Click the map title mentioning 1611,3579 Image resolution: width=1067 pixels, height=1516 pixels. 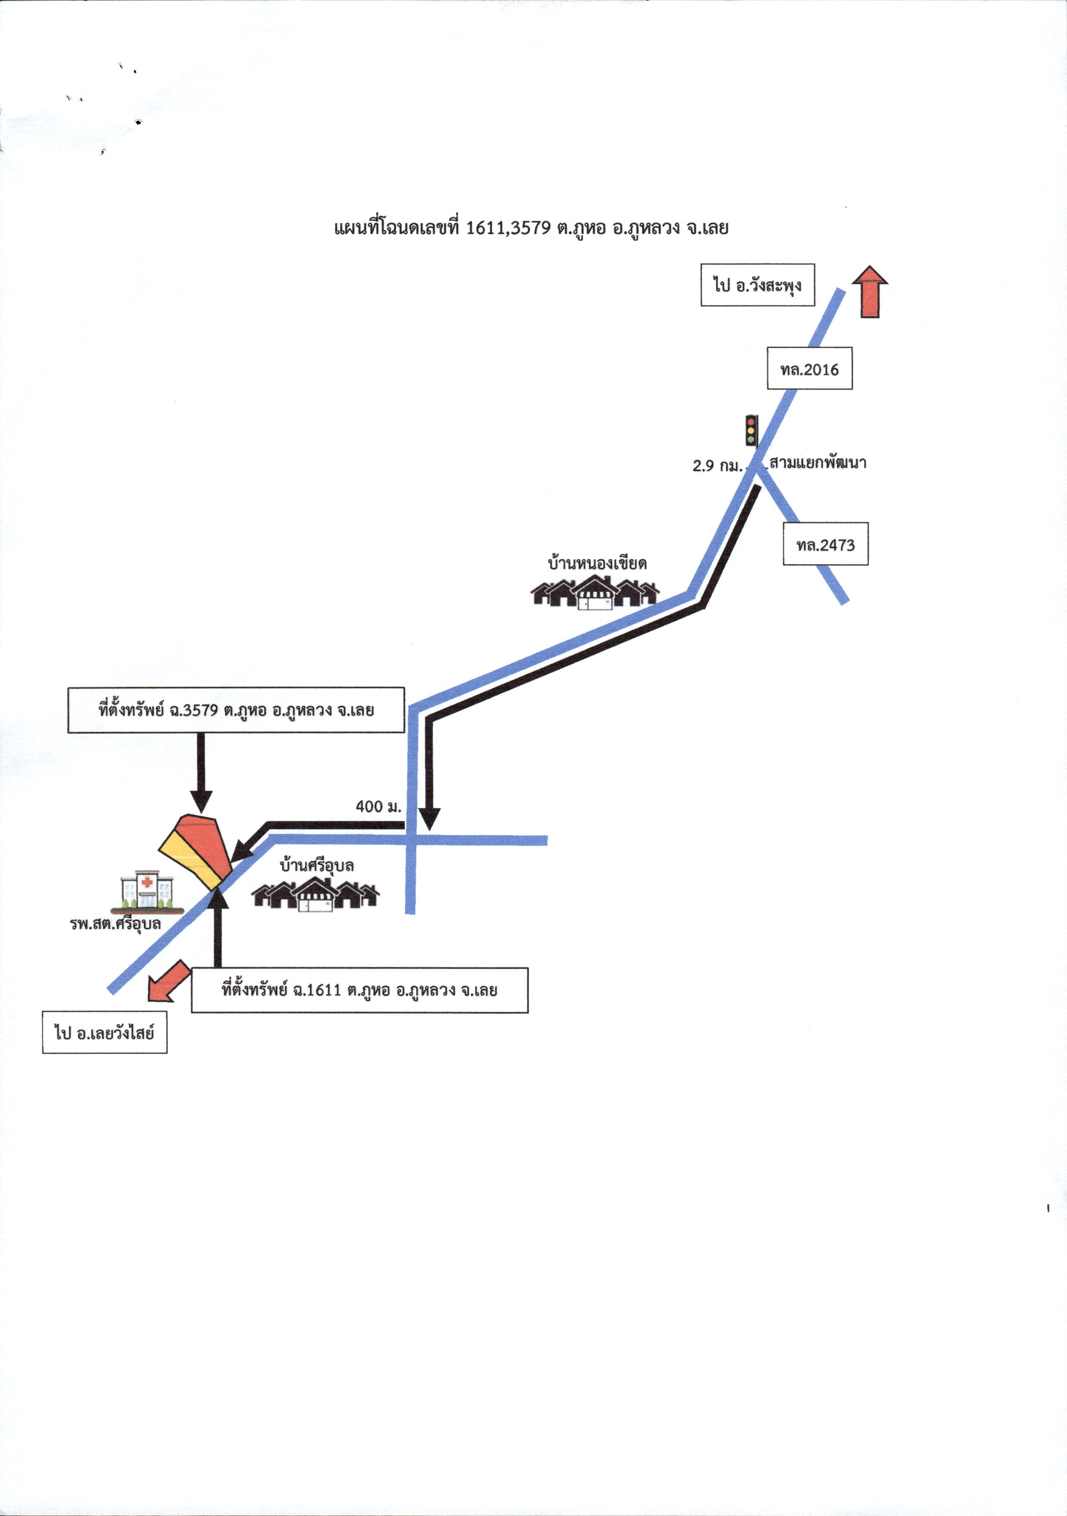[531, 228]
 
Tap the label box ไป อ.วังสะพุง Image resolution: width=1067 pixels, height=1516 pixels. [757, 285]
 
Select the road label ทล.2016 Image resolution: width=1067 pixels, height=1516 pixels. [810, 368]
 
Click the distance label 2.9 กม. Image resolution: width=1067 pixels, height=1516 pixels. [717, 465]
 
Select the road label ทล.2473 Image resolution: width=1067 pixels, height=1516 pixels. [825, 544]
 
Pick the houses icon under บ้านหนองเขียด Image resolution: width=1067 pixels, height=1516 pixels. [595, 592]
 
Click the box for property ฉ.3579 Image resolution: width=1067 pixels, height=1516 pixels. [236, 711]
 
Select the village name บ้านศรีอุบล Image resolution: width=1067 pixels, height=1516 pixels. [317, 866]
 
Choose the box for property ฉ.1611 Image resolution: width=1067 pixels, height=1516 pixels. [360, 990]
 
